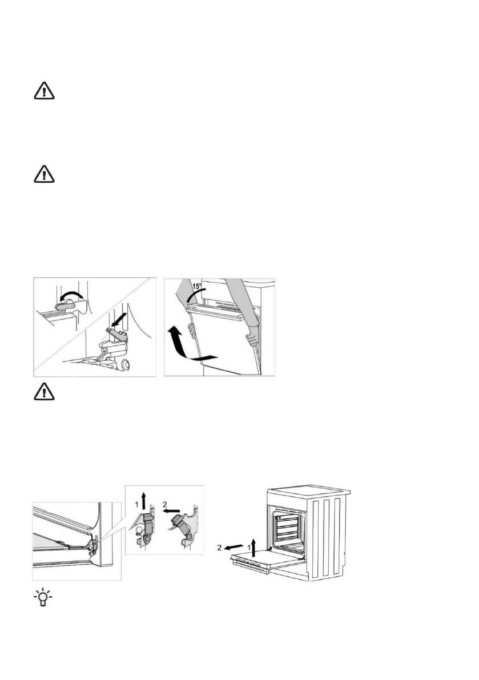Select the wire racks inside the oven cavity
tap(291, 525)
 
